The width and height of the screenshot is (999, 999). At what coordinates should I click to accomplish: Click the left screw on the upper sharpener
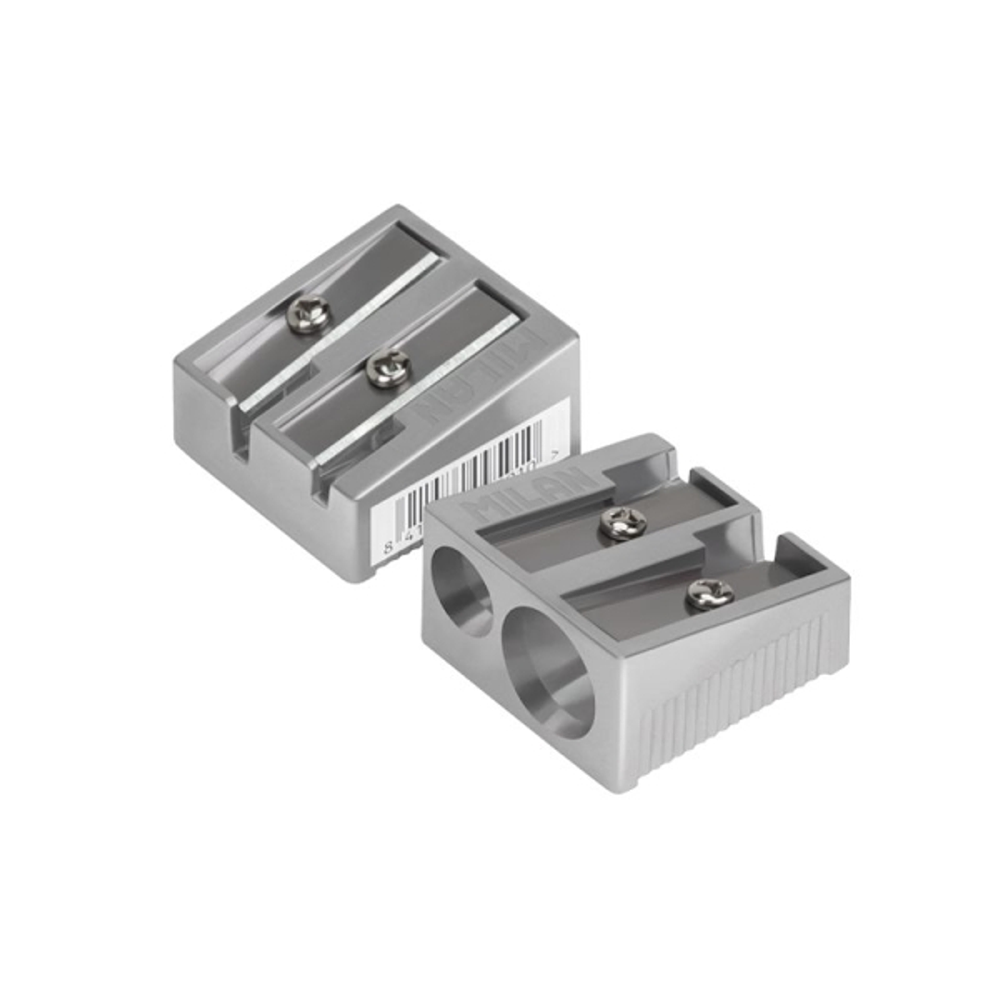[x=309, y=314]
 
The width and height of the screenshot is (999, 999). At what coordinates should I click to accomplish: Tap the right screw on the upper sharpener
[x=388, y=367]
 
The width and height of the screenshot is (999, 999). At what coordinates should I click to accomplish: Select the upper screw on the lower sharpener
[x=622, y=523]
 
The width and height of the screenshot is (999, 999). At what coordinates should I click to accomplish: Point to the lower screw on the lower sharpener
[x=710, y=593]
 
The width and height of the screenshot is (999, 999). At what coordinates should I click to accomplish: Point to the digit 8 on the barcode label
[x=389, y=549]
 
